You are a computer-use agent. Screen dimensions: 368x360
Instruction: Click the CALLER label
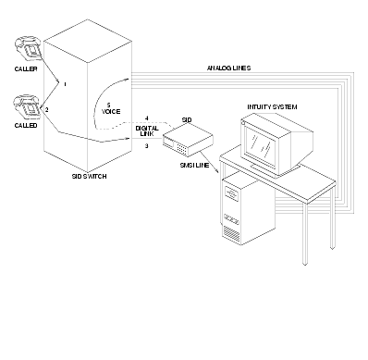tap(26, 68)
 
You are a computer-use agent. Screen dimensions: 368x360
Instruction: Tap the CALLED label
tap(26, 126)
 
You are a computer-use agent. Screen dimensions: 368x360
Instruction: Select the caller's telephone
tap(28, 49)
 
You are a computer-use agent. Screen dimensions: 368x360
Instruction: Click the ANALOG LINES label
tap(228, 68)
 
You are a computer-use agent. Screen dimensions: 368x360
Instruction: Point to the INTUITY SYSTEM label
tap(272, 107)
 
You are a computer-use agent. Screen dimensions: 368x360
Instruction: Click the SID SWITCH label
tap(89, 177)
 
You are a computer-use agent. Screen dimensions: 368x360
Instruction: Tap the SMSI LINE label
tap(194, 166)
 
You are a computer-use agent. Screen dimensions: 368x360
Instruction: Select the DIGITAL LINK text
tap(147, 130)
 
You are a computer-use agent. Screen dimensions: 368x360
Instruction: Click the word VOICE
tap(111, 112)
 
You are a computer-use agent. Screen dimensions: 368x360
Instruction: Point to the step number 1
tap(65, 84)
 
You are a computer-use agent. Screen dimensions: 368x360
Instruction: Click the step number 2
tap(47, 110)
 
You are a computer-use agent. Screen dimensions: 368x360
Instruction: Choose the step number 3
tap(147, 146)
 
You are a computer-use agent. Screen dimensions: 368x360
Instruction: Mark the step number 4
tap(147, 118)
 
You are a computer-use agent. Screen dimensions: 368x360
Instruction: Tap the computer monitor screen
tap(260, 145)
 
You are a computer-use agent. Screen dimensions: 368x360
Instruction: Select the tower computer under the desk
tap(249, 209)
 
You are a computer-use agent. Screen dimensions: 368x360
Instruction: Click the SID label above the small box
tap(187, 120)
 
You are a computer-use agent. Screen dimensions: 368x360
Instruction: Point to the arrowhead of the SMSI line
tap(218, 171)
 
